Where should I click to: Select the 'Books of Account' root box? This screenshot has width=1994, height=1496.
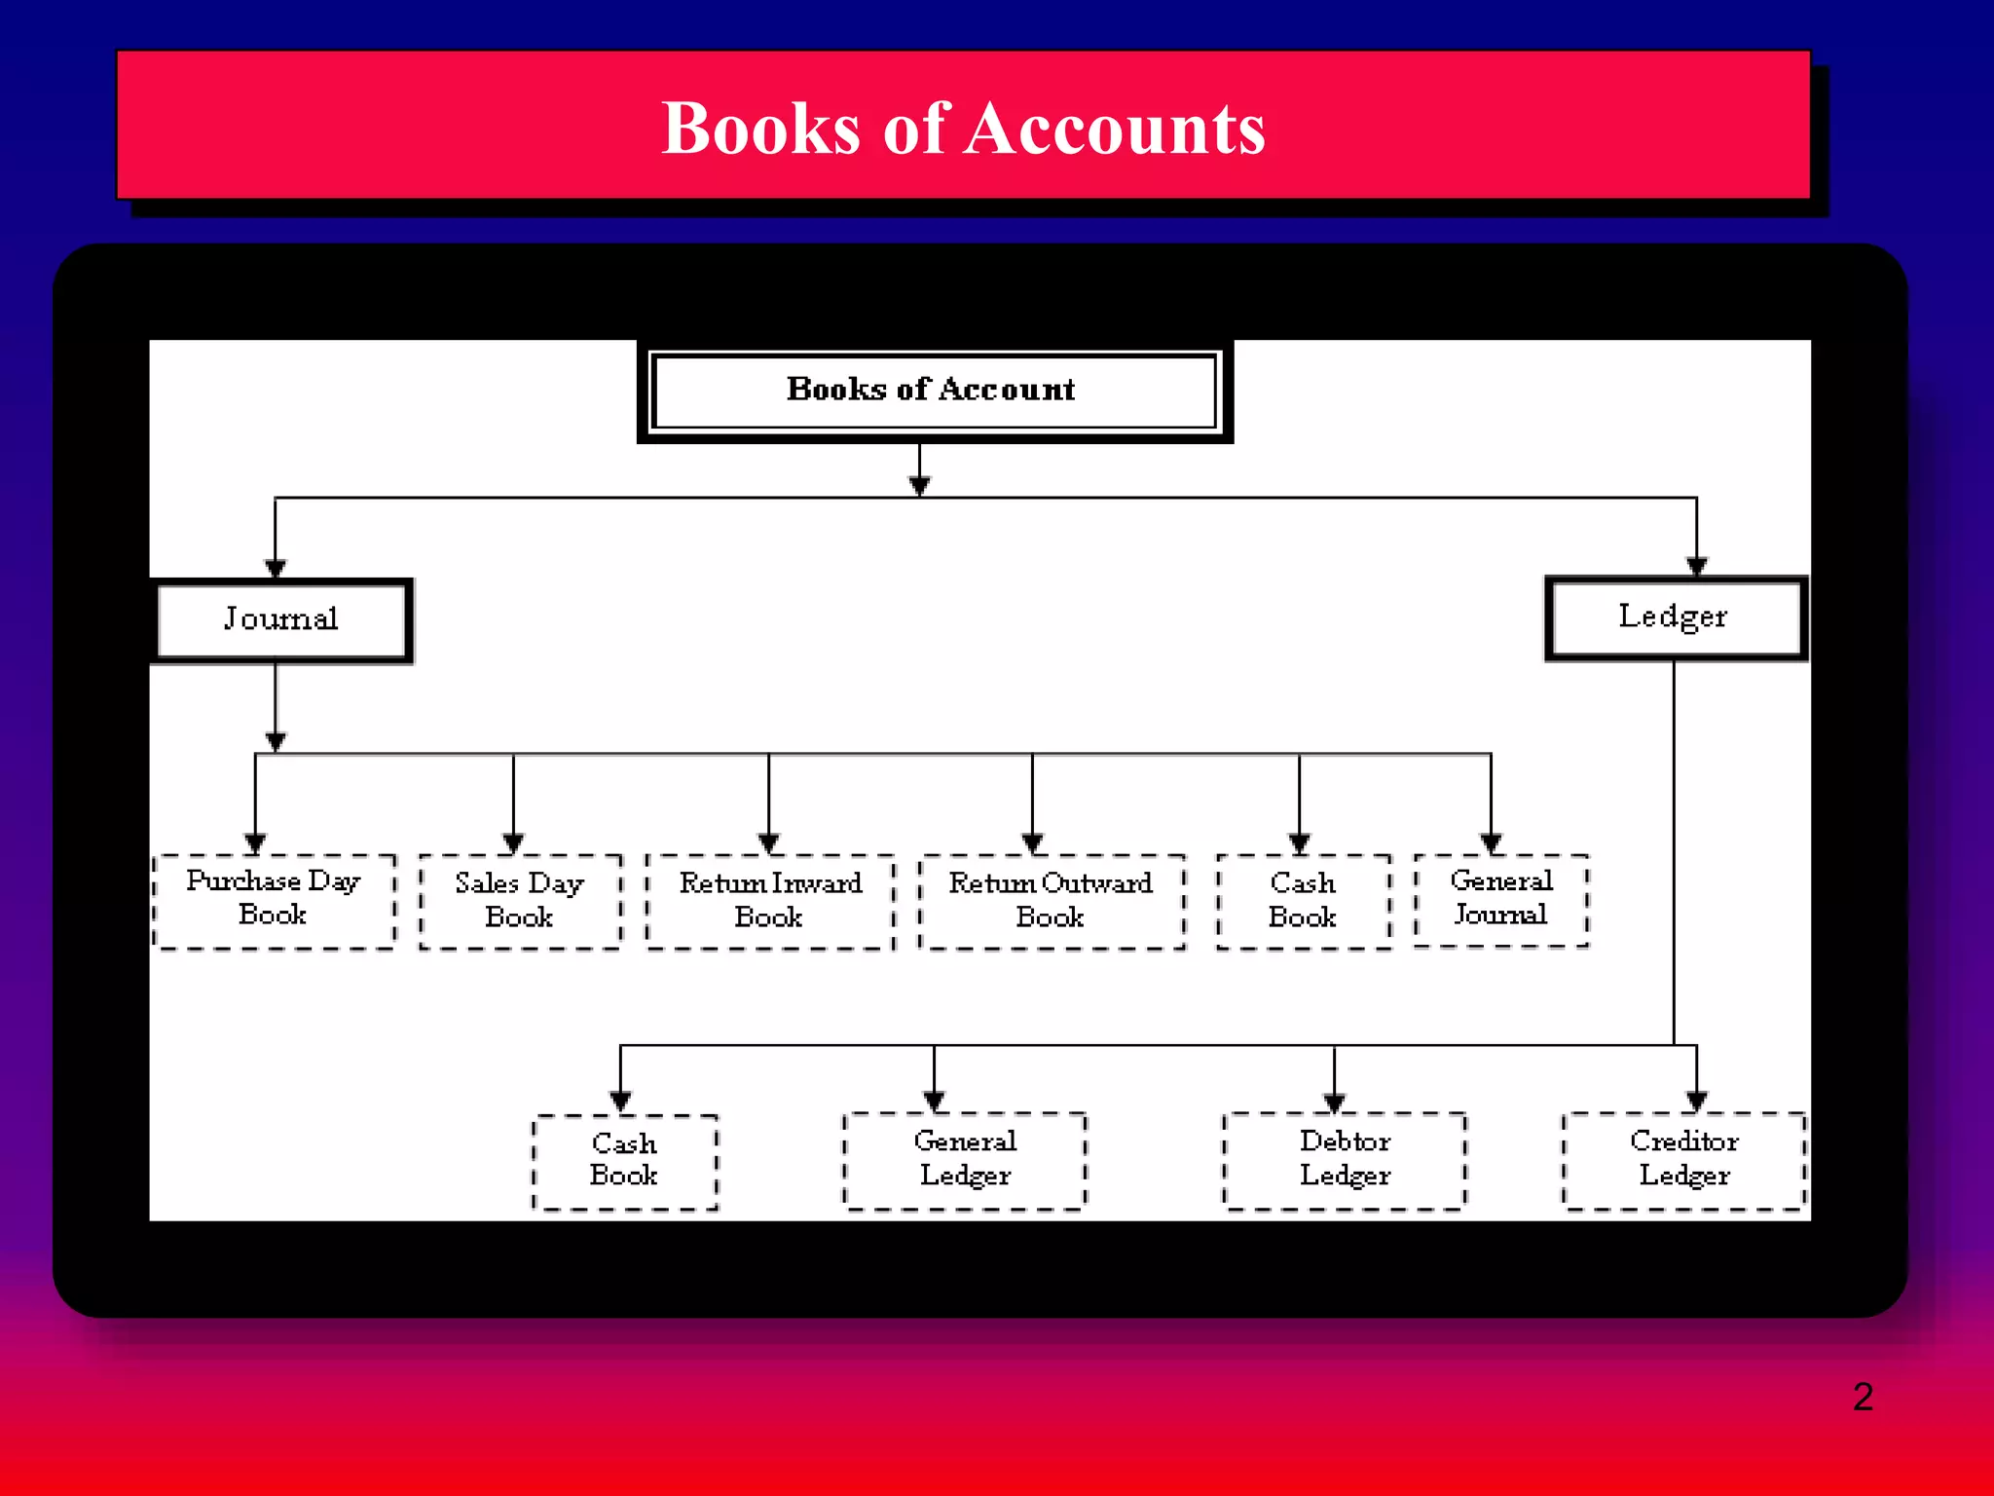click(934, 391)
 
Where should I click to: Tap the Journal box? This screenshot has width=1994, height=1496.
click(281, 619)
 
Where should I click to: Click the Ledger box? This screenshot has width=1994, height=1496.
click(1675, 617)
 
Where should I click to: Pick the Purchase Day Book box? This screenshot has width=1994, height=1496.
click(275, 899)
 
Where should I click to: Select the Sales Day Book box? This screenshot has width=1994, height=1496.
click(520, 901)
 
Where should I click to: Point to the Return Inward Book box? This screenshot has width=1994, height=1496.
click(770, 901)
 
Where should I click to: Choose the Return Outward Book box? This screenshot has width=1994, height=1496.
click(1052, 901)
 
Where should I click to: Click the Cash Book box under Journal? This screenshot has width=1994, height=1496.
click(1303, 901)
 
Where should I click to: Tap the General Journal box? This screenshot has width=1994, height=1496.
click(1501, 899)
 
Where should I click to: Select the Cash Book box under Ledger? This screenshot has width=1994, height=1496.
click(624, 1161)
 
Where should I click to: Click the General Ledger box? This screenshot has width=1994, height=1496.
click(965, 1160)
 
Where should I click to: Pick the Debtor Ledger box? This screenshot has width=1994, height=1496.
click(1345, 1160)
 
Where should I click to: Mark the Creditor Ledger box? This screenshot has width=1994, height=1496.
click(1684, 1160)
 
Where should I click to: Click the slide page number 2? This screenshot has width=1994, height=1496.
click(1863, 1397)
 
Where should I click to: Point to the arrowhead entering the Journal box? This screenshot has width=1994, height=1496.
click(276, 568)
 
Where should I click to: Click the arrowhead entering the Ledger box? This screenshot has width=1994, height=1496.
click(1697, 566)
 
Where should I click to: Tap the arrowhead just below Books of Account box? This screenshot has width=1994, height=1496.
click(919, 484)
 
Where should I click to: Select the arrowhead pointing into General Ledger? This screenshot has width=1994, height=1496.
click(934, 1102)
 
